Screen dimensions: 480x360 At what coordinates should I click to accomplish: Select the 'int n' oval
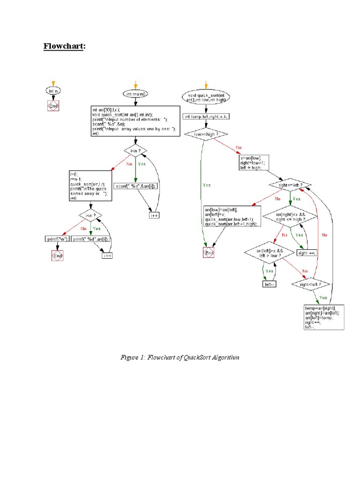pos(53,91)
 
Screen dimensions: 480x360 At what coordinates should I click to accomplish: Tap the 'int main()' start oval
pos(136,94)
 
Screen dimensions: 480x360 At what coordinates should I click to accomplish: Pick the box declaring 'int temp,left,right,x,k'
pos(206,117)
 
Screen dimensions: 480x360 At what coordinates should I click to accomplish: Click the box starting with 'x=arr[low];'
pos(254,163)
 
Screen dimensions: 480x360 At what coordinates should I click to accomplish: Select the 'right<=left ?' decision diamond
pos(291,185)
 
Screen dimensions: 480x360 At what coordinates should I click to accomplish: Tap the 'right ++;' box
pos(307,253)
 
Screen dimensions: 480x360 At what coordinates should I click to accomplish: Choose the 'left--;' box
pos(269,284)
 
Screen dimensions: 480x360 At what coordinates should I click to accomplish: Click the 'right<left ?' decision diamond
pos(311,284)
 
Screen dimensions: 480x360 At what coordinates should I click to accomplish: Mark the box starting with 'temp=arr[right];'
pos(324,317)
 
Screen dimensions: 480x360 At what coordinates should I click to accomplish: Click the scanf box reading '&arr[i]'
pos(136,186)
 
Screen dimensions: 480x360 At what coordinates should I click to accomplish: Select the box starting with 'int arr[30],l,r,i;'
pos(136,120)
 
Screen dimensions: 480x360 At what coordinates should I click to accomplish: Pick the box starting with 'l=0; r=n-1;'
pos(90,186)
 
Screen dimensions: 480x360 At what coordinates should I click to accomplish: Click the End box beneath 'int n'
pos(53,106)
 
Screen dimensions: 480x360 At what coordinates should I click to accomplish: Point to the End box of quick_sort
pos(209,253)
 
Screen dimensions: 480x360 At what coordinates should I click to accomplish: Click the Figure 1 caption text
pos(180,358)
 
